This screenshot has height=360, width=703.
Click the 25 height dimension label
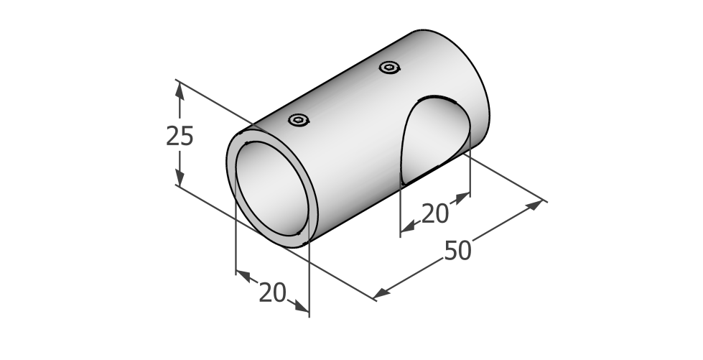click(180, 136)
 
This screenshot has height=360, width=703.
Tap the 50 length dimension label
click(457, 251)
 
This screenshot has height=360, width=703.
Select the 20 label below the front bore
click(273, 294)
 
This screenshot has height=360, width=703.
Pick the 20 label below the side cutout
click(435, 213)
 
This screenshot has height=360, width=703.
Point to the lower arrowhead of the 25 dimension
click(180, 177)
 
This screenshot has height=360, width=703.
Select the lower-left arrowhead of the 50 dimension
click(381, 293)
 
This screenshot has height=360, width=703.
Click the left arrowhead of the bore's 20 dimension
click(243, 276)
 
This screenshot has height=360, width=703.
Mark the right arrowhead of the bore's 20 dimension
click(302, 306)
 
